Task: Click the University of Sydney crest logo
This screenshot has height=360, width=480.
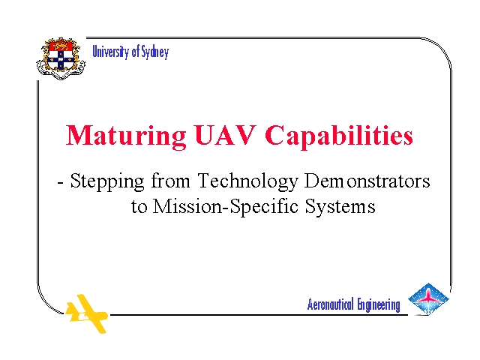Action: [x=61, y=58]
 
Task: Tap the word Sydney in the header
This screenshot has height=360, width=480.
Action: [x=155, y=52]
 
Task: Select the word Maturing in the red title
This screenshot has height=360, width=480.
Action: [x=126, y=136]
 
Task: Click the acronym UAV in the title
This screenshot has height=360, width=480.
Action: [x=225, y=135]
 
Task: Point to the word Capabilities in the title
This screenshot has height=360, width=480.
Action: [x=339, y=136]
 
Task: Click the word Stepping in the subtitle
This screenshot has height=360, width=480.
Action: [x=107, y=181]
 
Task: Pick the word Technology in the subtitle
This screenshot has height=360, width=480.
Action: [x=247, y=181]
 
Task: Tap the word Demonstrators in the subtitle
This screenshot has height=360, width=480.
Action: [x=367, y=181]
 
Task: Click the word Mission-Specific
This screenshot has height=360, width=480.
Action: [x=225, y=207]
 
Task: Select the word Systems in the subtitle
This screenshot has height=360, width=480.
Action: [x=340, y=207]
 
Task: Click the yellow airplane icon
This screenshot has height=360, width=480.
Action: [x=87, y=313]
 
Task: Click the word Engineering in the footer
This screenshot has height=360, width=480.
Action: [x=379, y=305]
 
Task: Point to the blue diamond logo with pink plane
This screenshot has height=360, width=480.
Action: [x=428, y=299]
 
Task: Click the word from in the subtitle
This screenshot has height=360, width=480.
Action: [x=170, y=181]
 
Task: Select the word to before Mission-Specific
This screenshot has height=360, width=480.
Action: [x=139, y=208]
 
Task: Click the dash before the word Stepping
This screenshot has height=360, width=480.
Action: [x=61, y=183]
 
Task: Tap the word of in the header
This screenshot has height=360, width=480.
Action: [x=135, y=52]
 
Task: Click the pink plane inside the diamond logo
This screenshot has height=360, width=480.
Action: [x=428, y=298]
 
